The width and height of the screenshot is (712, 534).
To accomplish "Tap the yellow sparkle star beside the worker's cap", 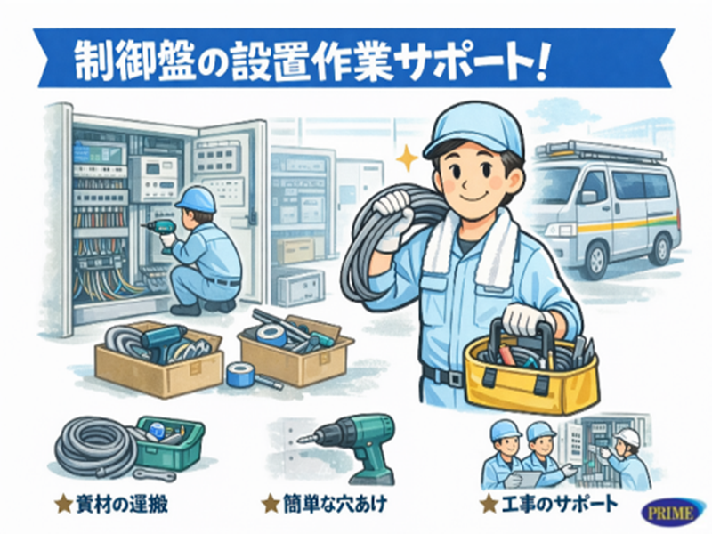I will point(408,160).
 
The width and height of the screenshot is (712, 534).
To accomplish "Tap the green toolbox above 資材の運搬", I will point(170,441).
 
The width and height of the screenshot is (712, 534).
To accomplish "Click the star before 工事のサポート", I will point(488,505).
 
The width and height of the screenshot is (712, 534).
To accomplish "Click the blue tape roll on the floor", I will point(239,374).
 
